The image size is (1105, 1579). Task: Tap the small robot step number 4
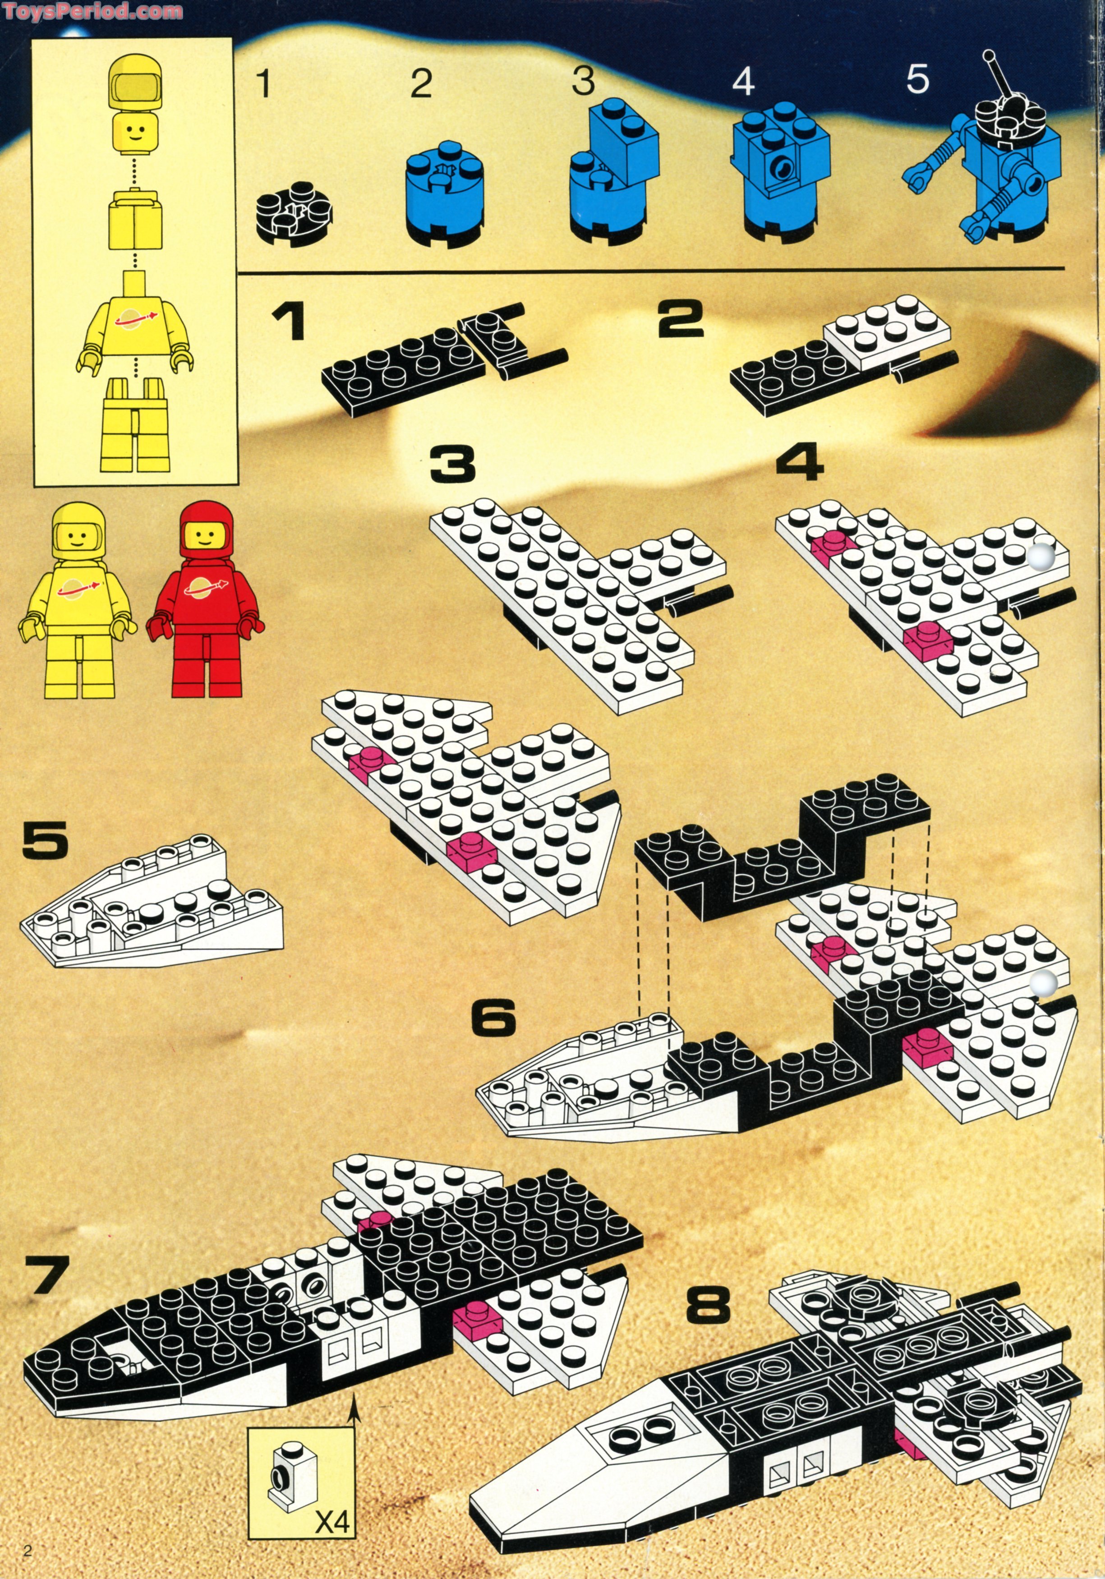click(743, 83)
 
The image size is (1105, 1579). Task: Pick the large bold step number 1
click(287, 322)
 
